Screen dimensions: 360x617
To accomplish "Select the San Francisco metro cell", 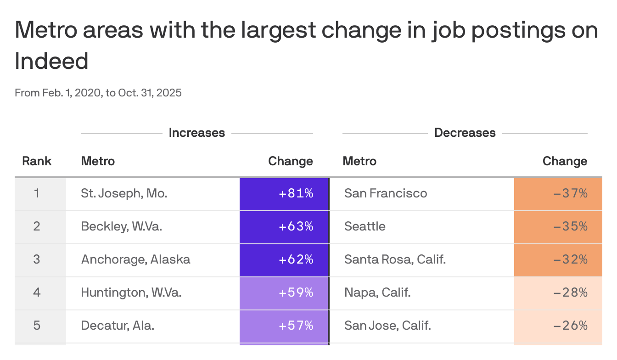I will [x=386, y=193].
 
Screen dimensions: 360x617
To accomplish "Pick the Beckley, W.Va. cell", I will [x=121, y=226].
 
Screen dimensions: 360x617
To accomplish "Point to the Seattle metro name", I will [x=365, y=226].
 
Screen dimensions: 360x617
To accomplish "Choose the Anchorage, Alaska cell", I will [x=135, y=259].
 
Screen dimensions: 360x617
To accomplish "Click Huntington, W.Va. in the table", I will [x=131, y=292].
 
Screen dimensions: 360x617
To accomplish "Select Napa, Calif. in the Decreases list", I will [x=377, y=292].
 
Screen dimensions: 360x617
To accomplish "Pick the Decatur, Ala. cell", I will [x=118, y=326].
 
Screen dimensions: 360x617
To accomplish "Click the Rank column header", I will [x=37, y=161].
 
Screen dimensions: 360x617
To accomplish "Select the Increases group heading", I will [x=196, y=133].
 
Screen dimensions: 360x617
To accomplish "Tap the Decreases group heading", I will [x=465, y=133].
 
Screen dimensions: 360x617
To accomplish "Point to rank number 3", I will [x=37, y=259].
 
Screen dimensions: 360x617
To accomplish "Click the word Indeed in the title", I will [x=51, y=61].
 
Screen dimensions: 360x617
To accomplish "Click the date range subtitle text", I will [x=98, y=93].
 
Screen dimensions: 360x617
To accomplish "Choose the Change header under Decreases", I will [x=565, y=161].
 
